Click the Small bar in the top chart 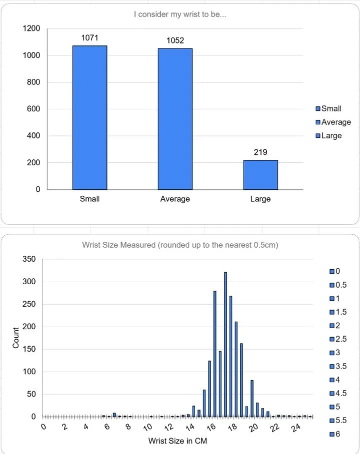pyautogui.click(x=89, y=118)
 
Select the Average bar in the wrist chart pyautogui.click(x=175, y=119)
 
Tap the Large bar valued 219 pyautogui.click(x=260, y=175)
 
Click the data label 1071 pyautogui.click(x=89, y=37)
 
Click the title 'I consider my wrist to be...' pyautogui.click(x=179, y=14)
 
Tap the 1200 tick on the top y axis pyautogui.click(x=31, y=28)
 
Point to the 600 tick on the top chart pyautogui.click(x=33, y=109)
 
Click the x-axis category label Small pyautogui.click(x=89, y=199)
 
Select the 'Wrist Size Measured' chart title pyautogui.click(x=179, y=245)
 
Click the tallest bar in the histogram pyautogui.click(x=225, y=345)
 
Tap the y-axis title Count pyautogui.click(x=15, y=338)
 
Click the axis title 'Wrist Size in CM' pyautogui.click(x=177, y=441)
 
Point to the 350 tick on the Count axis pyautogui.click(x=29, y=259)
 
